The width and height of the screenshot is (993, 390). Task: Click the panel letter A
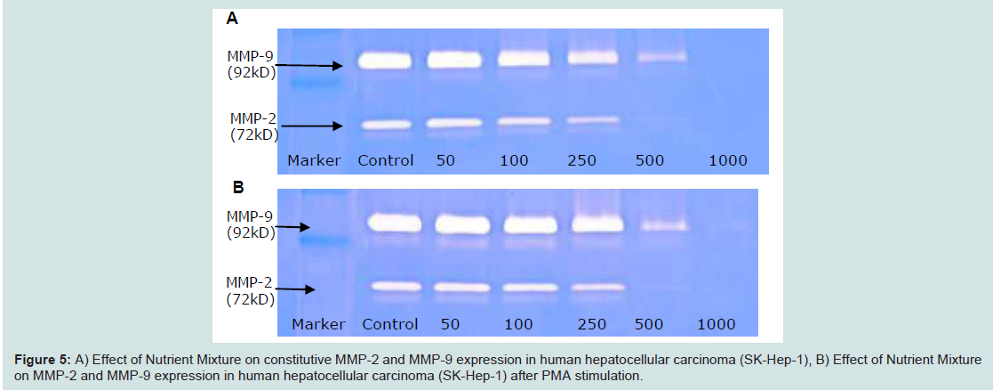(x=232, y=19)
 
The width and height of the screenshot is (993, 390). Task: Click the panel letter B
(x=239, y=188)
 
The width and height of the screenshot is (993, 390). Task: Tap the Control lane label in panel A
(x=386, y=160)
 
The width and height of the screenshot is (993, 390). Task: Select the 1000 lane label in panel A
(x=728, y=160)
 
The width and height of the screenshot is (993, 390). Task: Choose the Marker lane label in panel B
(x=318, y=325)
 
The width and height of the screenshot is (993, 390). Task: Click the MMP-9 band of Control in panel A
(x=384, y=61)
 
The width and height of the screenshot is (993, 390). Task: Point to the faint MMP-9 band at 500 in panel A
(x=661, y=57)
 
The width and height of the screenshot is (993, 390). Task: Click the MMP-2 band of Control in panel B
(x=396, y=286)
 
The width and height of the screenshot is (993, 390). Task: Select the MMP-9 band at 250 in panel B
(x=597, y=223)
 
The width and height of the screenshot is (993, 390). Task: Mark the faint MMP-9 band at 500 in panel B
(x=664, y=225)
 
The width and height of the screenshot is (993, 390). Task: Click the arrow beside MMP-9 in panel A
(x=309, y=65)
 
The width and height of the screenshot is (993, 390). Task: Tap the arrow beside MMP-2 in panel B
(x=295, y=289)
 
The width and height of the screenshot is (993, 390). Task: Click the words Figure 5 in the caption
(x=41, y=361)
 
